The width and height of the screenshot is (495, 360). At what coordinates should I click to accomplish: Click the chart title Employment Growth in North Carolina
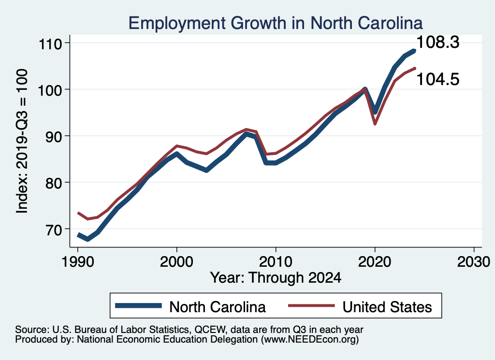tap(276, 23)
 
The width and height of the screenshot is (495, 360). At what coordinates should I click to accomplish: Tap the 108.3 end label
tap(438, 43)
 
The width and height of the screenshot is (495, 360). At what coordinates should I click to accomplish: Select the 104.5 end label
tap(438, 79)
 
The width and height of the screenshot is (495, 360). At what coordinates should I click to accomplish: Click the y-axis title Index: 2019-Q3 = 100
tap(22, 140)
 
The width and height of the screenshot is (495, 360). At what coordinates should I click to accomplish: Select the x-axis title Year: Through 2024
tap(276, 277)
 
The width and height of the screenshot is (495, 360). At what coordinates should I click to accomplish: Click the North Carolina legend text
tap(218, 306)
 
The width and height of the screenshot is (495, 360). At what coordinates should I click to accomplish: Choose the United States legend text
tap(387, 306)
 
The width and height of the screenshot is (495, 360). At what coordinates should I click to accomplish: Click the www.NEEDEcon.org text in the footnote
tap(308, 340)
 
